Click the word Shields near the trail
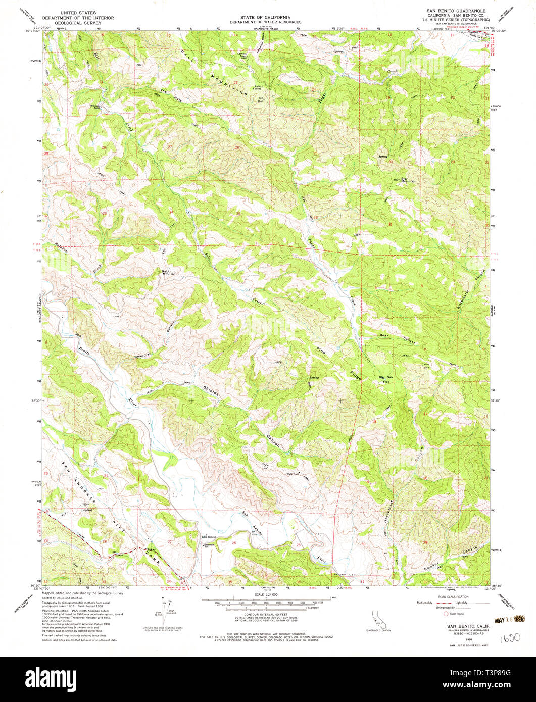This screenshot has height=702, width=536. coord(211,391)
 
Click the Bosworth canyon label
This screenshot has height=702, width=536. coord(142,356)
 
